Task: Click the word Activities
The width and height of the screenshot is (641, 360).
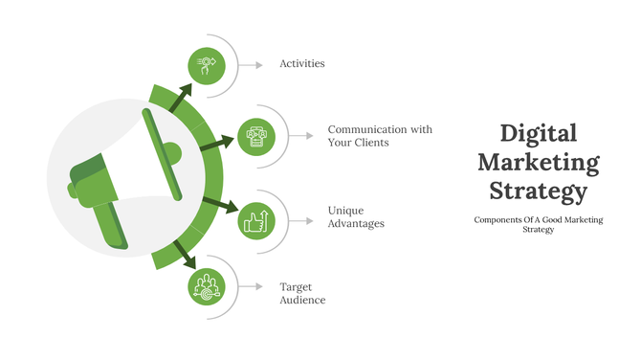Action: click(x=301, y=64)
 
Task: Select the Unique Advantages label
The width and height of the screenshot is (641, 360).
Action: click(x=356, y=216)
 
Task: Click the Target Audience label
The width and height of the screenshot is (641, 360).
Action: click(x=302, y=293)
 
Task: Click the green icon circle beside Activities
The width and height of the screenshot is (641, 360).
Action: click(x=206, y=64)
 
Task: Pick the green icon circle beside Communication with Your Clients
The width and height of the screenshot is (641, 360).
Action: click(x=256, y=135)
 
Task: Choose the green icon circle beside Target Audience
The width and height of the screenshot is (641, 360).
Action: click(x=206, y=285)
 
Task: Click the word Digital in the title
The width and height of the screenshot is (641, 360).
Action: click(x=539, y=133)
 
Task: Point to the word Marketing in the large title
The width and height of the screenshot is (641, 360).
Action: click(x=539, y=162)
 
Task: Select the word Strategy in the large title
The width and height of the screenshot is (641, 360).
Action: click(x=539, y=191)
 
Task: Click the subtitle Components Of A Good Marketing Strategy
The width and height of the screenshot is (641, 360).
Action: click(x=539, y=225)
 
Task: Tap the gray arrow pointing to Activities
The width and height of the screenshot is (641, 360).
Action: click(x=251, y=64)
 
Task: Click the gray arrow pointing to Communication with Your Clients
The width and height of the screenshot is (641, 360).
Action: click(x=301, y=135)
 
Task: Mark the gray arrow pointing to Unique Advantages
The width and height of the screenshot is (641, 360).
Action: click(x=301, y=221)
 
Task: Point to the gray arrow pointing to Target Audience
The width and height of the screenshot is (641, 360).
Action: click(x=251, y=285)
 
